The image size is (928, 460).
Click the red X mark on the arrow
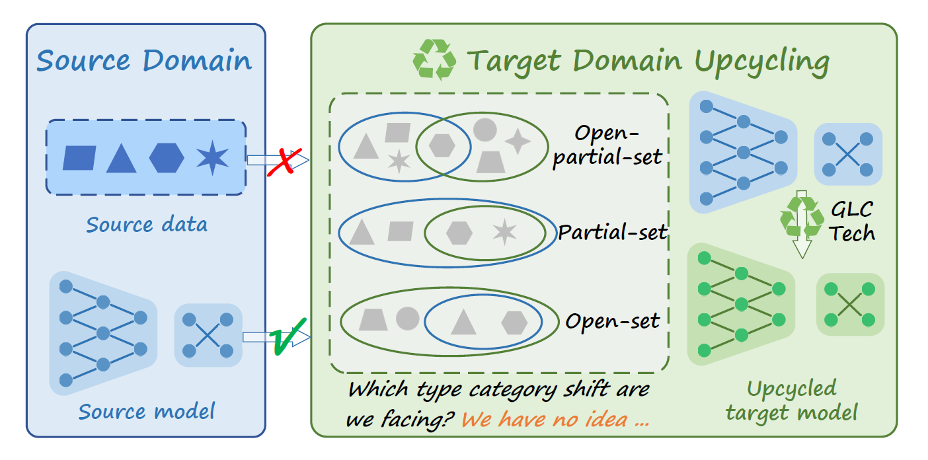(x=285, y=162)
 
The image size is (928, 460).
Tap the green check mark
(x=288, y=336)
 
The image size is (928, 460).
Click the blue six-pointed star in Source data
(x=213, y=157)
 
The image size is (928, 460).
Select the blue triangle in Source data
(x=122, y=159)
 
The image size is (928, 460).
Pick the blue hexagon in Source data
(x=167, y=158)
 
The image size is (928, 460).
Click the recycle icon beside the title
(x=434, y=59)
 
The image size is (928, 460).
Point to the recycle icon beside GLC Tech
(x=802, y=215)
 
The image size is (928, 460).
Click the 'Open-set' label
(x=612, y=321)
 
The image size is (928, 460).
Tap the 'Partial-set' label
(x=612, y=232)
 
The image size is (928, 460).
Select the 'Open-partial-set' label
(x=607, y=145)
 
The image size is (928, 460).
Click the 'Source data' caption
(x=147, y=225)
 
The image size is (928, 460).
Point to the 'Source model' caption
(x=147, y=412)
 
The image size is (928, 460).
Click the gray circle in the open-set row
(x=408, y=319)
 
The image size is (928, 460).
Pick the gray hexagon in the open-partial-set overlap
(x=442, y=145)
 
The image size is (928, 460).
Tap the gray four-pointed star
(x=518, y=141)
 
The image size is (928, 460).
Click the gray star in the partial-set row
(x=504, y=232)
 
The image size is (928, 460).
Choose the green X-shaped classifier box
(x=850, y=304)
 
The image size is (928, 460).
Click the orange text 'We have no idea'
(x=555, y=420)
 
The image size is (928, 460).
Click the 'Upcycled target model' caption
(x=792, y=401)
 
